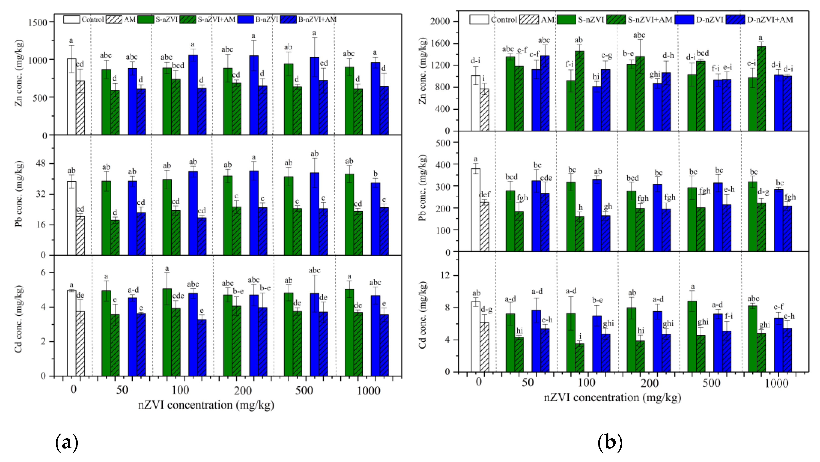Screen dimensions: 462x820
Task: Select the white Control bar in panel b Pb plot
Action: [475, 210]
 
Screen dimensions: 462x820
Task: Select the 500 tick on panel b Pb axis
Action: [443, 143]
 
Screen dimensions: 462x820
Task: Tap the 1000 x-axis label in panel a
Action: [368, 390]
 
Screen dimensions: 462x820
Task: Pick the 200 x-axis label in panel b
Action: [649, 383]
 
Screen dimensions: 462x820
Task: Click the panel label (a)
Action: [67, 443]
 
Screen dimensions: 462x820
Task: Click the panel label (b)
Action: [610, 443]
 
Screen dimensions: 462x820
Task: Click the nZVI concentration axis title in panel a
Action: [206, 405]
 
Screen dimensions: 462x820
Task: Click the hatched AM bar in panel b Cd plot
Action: [484, 347]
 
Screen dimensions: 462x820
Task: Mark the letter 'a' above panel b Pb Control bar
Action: [475, 159]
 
